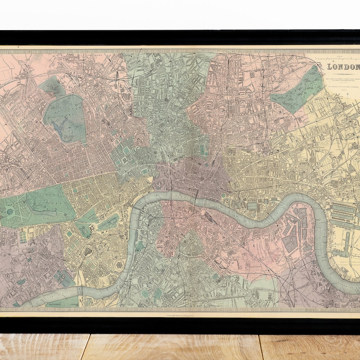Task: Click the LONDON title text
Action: pos(343,67)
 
